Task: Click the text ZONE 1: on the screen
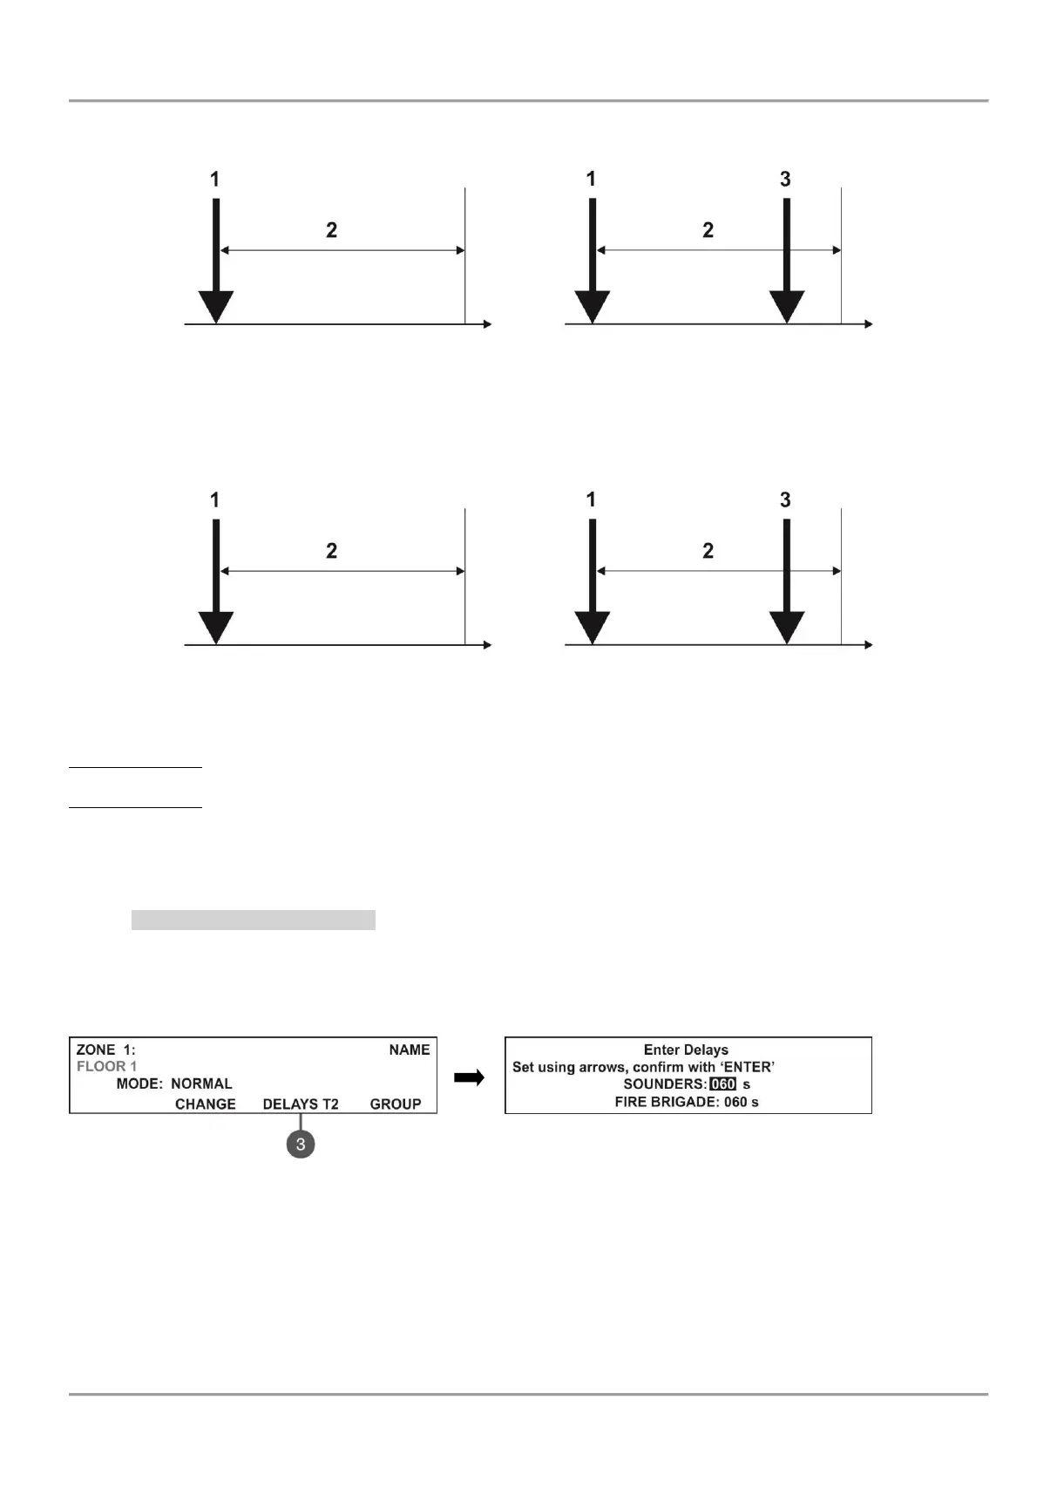tap(105, 1050)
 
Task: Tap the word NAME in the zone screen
tap(409, 1050)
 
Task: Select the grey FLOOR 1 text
tap(106, 1066)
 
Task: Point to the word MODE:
tap(139, 1084)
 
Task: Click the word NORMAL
tap(201, 1084)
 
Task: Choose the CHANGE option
tap(205, 1104)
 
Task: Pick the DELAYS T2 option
tap(301, 1104)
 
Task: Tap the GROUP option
tap(396, 1104)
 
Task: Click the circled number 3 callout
tap(301, 1144)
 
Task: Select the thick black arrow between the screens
tap(470, 1078)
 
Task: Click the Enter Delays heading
tap(686, 1050)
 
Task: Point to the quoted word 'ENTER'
tap(747, 1067)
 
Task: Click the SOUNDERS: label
tap(665, 1084)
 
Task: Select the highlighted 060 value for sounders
tap(723, 1084)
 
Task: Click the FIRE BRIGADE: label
tap(667, 1102)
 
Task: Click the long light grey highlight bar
tap(253, 920)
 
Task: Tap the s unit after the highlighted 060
tap(747, 1084)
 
